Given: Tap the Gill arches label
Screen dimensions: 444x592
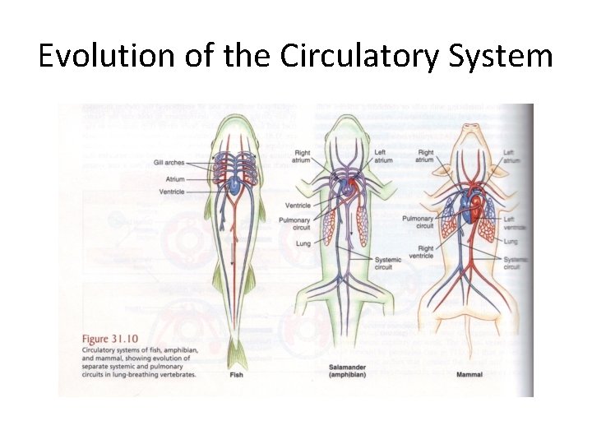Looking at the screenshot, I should pyautogui.click(x=169, y=163).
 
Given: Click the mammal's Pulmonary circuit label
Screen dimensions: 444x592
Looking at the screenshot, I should pyautogui.click(x=418, y=222).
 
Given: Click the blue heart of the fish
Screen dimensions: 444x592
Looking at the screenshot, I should pyautogui.click(x=234, y=187).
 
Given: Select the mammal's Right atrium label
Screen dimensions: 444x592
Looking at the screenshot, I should pyautogui.click(x=424, y=156).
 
